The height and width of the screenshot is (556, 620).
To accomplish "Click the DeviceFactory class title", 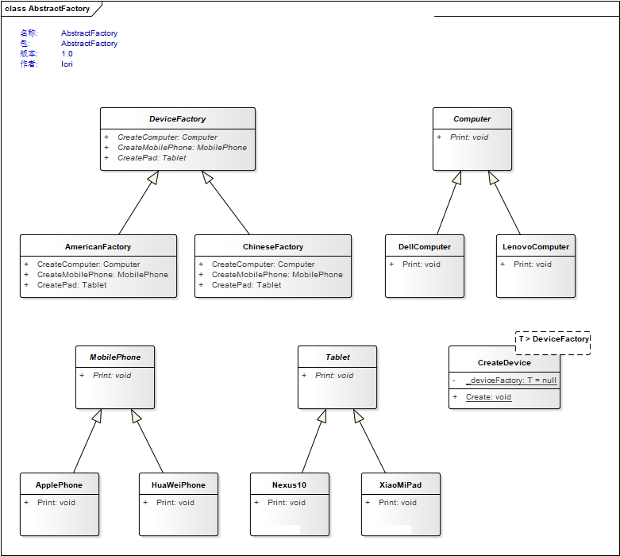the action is [178, 118].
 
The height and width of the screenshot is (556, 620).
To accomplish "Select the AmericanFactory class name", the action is [98, 246].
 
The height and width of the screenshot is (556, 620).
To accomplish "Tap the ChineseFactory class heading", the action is [273, 246].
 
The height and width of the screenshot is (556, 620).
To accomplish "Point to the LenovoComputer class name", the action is [536, 246].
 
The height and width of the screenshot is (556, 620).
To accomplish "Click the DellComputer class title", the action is [425, 246].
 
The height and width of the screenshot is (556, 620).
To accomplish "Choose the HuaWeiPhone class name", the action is [179, 485].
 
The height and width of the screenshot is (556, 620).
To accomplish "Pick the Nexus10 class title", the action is [289, 485].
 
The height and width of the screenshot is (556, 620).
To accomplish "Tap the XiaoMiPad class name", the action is [400, 485].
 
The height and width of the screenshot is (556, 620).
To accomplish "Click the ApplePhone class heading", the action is [59, 485].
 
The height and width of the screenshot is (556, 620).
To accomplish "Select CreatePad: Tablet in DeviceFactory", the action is [152, 157].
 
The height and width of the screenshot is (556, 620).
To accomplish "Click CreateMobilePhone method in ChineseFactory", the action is [277, 274].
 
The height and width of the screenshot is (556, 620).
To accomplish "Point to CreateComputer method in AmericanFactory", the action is [89, 264].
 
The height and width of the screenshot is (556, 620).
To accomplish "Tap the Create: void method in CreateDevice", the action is [488, 396].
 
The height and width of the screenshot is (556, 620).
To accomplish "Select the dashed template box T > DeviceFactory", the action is [553, 342].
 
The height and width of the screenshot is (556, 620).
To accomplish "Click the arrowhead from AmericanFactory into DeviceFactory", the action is [154, 177].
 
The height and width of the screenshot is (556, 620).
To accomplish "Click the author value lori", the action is [67, 64].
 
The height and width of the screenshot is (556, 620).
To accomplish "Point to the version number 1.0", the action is [67, 53].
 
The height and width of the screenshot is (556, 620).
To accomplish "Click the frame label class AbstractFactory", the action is [47, 8].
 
